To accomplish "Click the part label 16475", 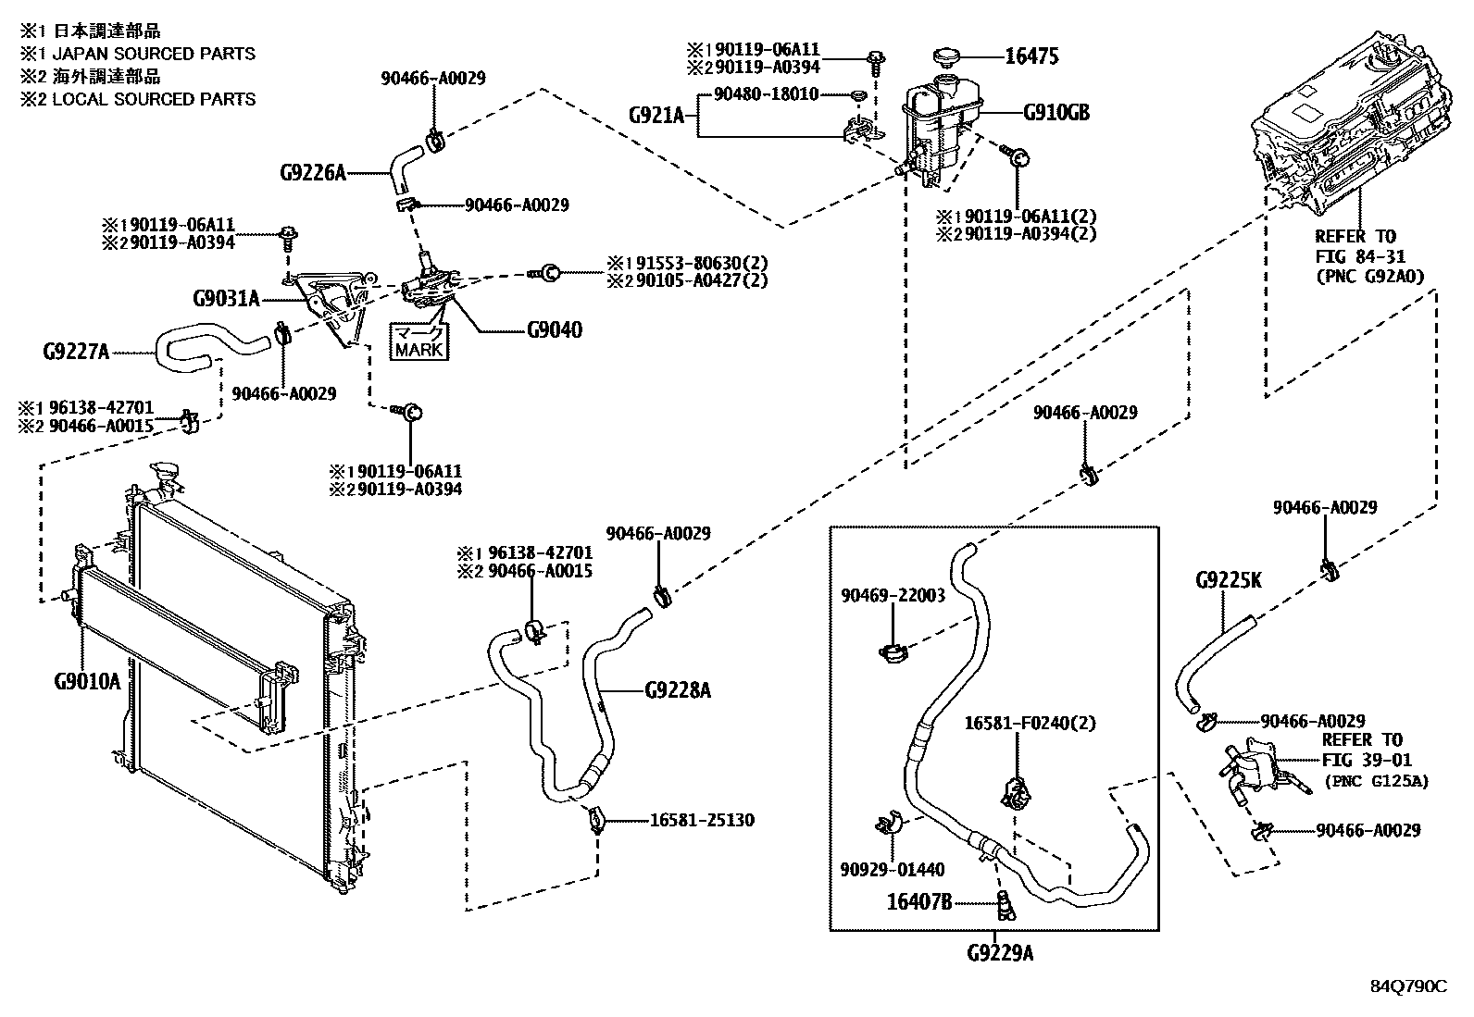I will (x=1031, y=56).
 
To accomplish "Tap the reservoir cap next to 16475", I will (x=947, y=57).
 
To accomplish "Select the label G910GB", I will (x=1056, y=114).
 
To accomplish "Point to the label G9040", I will (x=555, y=330).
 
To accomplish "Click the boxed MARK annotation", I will (x=419, y=341).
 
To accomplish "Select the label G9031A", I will (x=226, y=299).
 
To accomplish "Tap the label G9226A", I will (x=312, y=172).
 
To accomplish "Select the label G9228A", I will (x=678, y=690).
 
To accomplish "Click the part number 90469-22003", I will (x=893, y=595).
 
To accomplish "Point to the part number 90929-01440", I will (x=893, y=869).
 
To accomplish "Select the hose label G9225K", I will (x=1228, y=580).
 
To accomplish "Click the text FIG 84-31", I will (x=1355, y=255).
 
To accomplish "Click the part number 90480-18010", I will (x=766, y=94).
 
